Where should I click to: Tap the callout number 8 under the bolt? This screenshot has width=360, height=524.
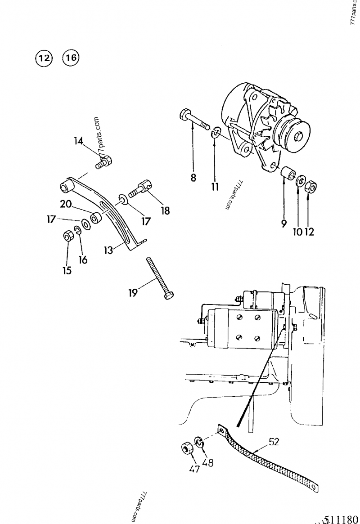click(193, 178)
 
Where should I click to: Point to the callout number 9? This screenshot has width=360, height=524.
click(284, 224)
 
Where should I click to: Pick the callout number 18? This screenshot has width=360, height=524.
click(166, 210)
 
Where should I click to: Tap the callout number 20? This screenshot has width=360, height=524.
click(66, 204)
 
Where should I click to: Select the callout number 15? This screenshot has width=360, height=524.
click(67, 271)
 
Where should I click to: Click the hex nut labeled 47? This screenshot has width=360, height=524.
click(187, 448)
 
